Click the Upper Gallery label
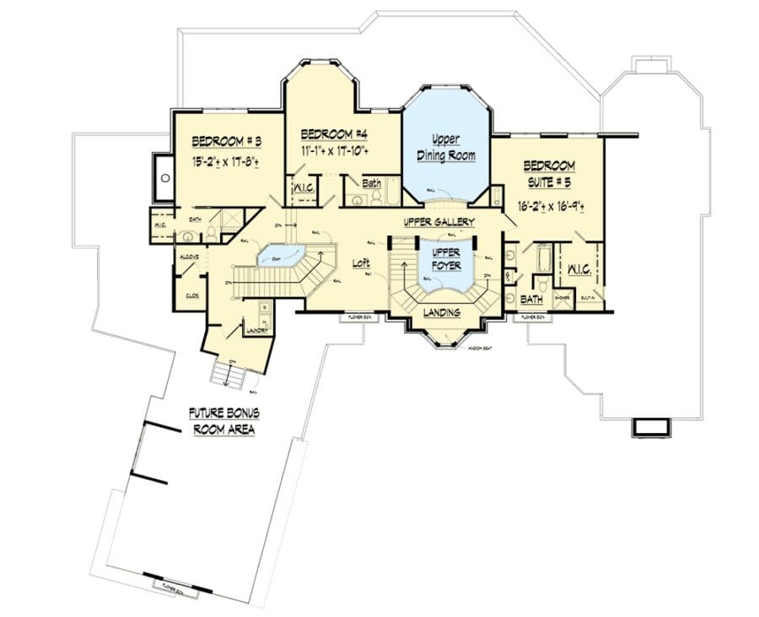(439, 222)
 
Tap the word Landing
(441, 313)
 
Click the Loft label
(361, 263)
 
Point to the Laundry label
(256, 332)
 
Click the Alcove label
(189, 255)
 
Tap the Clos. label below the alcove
(191, 295)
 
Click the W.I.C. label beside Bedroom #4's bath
(304, 190)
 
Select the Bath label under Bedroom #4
(371, 183)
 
